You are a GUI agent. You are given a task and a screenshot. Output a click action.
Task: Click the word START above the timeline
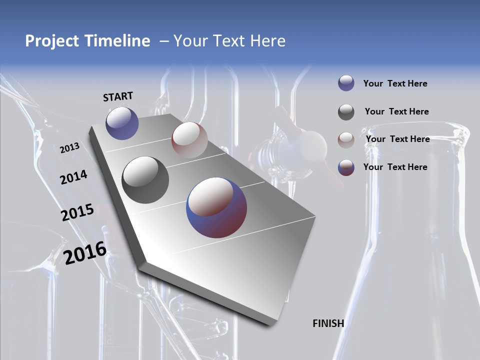tap(118, 96)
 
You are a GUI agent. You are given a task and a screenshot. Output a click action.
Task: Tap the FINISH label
tap(328, 323)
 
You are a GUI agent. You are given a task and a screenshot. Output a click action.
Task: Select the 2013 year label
tap(69, 148)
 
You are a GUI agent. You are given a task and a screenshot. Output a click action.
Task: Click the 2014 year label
tap(73, 177)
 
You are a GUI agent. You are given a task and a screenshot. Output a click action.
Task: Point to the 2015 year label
tap(77, 212)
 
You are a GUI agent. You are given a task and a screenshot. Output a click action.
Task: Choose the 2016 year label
tap(85, 253)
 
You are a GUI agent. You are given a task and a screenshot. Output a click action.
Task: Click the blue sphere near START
tap(122, 123)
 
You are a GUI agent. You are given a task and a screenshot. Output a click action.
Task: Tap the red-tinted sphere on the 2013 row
tap(189, 139)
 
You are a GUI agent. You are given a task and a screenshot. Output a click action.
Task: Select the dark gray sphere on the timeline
tap(145, 179)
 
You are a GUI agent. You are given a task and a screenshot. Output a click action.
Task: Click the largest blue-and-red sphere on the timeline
tap(216, 207)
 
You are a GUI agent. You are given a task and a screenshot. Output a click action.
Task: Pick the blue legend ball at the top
tap(346, 83)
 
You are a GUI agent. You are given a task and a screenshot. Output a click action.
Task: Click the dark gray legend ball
tap(346, 112)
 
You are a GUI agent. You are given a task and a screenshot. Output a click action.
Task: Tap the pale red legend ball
tap(346, 140)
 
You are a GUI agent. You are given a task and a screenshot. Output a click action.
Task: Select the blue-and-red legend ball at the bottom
tap(346, 167)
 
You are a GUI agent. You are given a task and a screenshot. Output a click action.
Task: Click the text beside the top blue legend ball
tap(395, 83)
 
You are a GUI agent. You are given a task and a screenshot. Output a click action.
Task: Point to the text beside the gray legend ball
tap(396, 111)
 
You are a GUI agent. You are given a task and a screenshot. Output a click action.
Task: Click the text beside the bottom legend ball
tap(395, 167)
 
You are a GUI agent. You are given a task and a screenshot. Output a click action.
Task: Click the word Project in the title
tap(52, 41)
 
